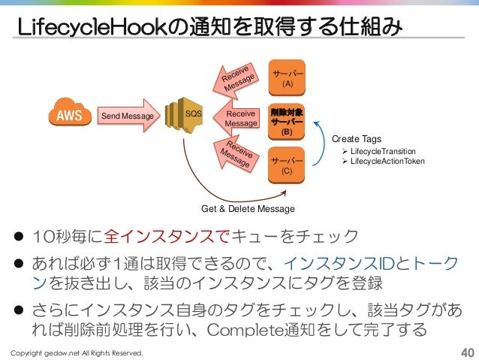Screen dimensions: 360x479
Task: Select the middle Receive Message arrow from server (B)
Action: (239, 118)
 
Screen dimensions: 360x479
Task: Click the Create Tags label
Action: (356, 139)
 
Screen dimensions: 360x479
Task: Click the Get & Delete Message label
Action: (248, 208)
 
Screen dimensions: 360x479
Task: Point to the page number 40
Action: (465, 352)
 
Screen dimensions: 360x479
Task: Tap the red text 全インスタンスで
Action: (162, 239)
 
